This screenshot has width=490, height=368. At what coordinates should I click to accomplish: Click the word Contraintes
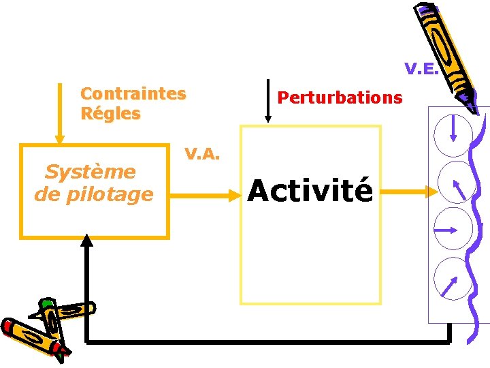click(133, 93)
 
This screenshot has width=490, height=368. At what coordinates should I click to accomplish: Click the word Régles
click(110, 114)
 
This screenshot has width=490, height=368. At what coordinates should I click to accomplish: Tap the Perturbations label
click(340, 97)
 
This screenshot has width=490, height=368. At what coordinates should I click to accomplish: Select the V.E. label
click(421, 69)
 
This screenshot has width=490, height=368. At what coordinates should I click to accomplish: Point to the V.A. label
click(202, 154)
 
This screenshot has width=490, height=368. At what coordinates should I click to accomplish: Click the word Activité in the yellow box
click(310, 190)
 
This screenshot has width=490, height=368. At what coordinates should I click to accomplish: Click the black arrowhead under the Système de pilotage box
click(86, 240)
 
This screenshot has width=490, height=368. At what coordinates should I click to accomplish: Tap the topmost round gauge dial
click(453, 134)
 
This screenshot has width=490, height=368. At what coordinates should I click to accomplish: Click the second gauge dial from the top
click(454, 182)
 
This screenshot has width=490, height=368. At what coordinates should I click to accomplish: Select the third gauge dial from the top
click(452, 230)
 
